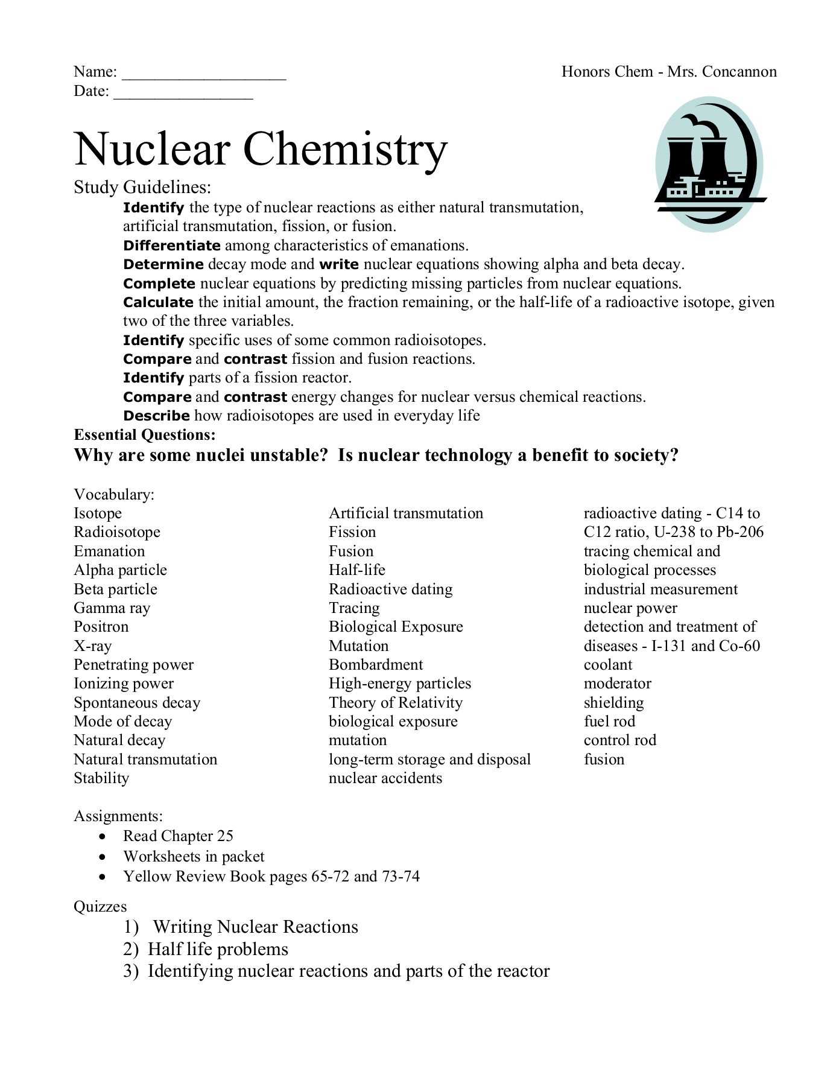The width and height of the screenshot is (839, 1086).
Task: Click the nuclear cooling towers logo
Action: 709,165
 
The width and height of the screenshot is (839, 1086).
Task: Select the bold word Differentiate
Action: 172,246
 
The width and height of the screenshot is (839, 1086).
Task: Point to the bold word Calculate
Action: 158,302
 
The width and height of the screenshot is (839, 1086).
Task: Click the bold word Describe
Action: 156,416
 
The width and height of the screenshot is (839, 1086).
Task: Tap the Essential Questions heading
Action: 144,435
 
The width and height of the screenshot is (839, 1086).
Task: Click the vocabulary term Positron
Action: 101,627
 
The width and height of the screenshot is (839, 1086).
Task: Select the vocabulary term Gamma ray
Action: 112,608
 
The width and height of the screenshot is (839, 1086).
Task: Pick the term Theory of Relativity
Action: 395,703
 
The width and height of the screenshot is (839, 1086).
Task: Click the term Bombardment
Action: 376,665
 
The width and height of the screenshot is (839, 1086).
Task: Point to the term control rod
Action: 619,740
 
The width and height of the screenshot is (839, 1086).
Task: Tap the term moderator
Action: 617,684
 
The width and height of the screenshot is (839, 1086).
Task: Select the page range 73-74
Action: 401,876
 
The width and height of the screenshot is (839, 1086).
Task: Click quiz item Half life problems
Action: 218,949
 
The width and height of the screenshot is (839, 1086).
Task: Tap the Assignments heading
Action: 118,816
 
